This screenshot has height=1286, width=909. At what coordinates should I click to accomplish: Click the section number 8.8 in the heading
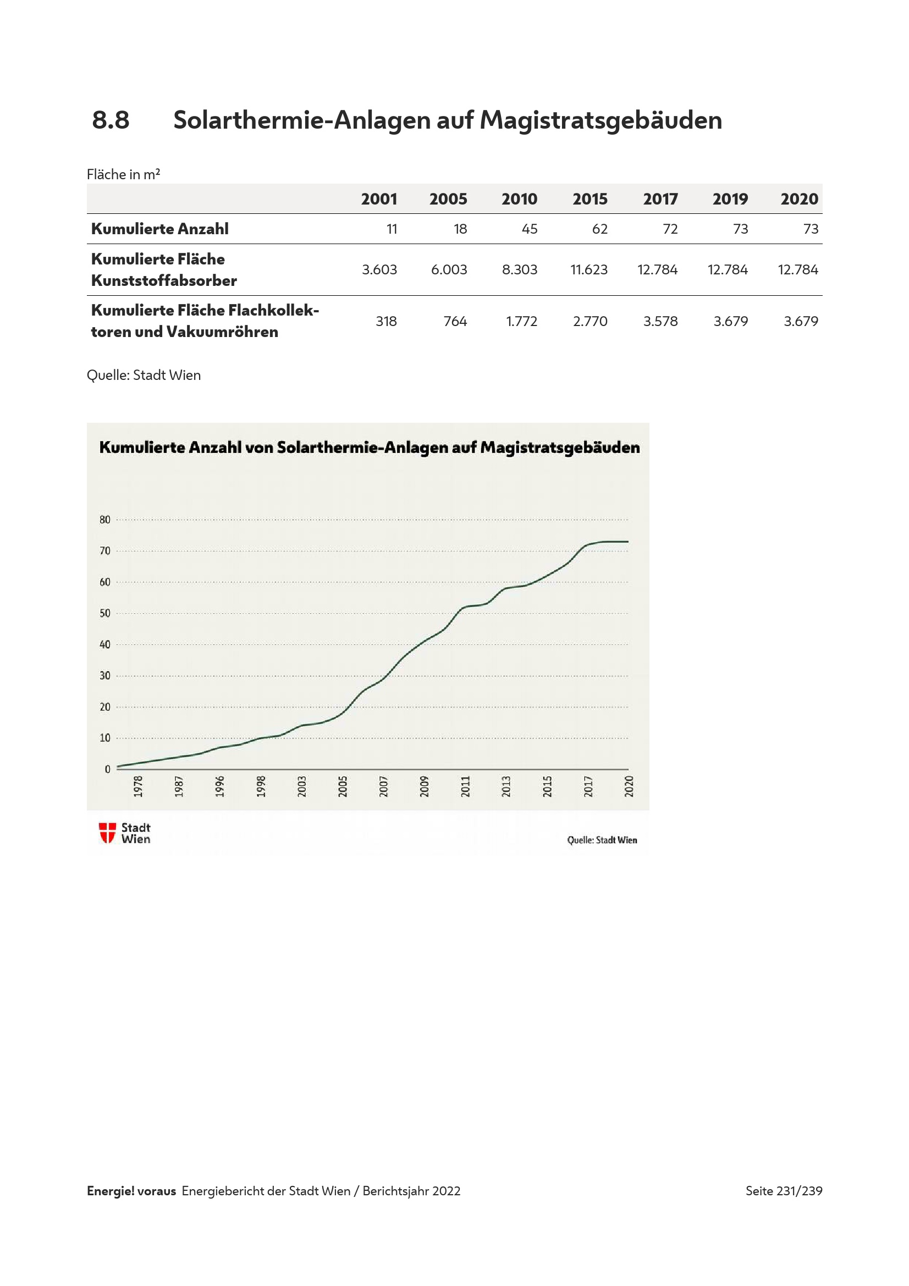pos(111,120)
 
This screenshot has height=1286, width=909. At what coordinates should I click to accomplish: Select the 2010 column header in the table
pos(519,199)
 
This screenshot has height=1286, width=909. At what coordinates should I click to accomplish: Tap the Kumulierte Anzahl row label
pos(159,229)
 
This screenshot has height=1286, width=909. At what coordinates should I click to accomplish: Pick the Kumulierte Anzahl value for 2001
pos(392,229)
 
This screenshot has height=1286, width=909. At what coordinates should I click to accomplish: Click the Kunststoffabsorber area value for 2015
pos(588,269)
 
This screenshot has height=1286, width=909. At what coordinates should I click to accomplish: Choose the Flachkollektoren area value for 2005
pos(455,321)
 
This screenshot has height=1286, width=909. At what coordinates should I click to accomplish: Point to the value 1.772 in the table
pos(521,321)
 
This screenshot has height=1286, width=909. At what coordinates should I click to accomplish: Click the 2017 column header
pos(660,199)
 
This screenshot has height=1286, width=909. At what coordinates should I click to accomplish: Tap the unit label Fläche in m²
pos(123,174)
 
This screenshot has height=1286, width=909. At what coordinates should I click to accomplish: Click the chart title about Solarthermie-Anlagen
pos(369,448)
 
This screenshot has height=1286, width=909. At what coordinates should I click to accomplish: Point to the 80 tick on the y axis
pos(104,519)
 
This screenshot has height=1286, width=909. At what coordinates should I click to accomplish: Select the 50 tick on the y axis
pos(104,614)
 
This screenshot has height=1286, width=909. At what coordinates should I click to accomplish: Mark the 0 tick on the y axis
pos(107,769)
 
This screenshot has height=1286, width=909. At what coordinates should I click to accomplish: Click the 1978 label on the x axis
pos(138,786)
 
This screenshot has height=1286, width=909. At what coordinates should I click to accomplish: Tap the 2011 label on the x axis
pos(465,786)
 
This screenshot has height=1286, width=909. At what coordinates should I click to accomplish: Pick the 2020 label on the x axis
pos(629,786)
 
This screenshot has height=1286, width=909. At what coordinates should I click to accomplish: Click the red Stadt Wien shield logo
pos(107,832)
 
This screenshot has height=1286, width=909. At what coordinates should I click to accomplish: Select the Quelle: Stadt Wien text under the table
pos(144,375)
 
